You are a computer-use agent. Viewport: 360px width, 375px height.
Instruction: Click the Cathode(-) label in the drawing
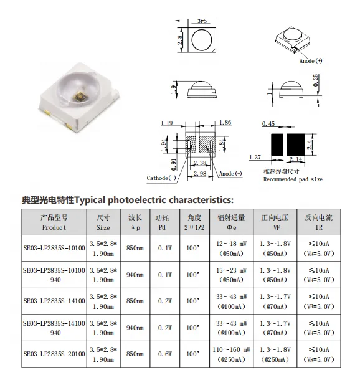(x=161, y=178)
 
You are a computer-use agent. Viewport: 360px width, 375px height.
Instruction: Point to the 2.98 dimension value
(x=200, y=174)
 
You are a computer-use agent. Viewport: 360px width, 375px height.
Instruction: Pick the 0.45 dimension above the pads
(x=269, y=123)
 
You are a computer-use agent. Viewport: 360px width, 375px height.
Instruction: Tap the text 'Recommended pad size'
(x=293, y=179)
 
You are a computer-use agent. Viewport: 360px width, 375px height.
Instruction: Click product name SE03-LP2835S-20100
(x=53, y=354)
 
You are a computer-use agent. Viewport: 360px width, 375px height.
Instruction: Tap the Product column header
(x=53, y=223)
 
